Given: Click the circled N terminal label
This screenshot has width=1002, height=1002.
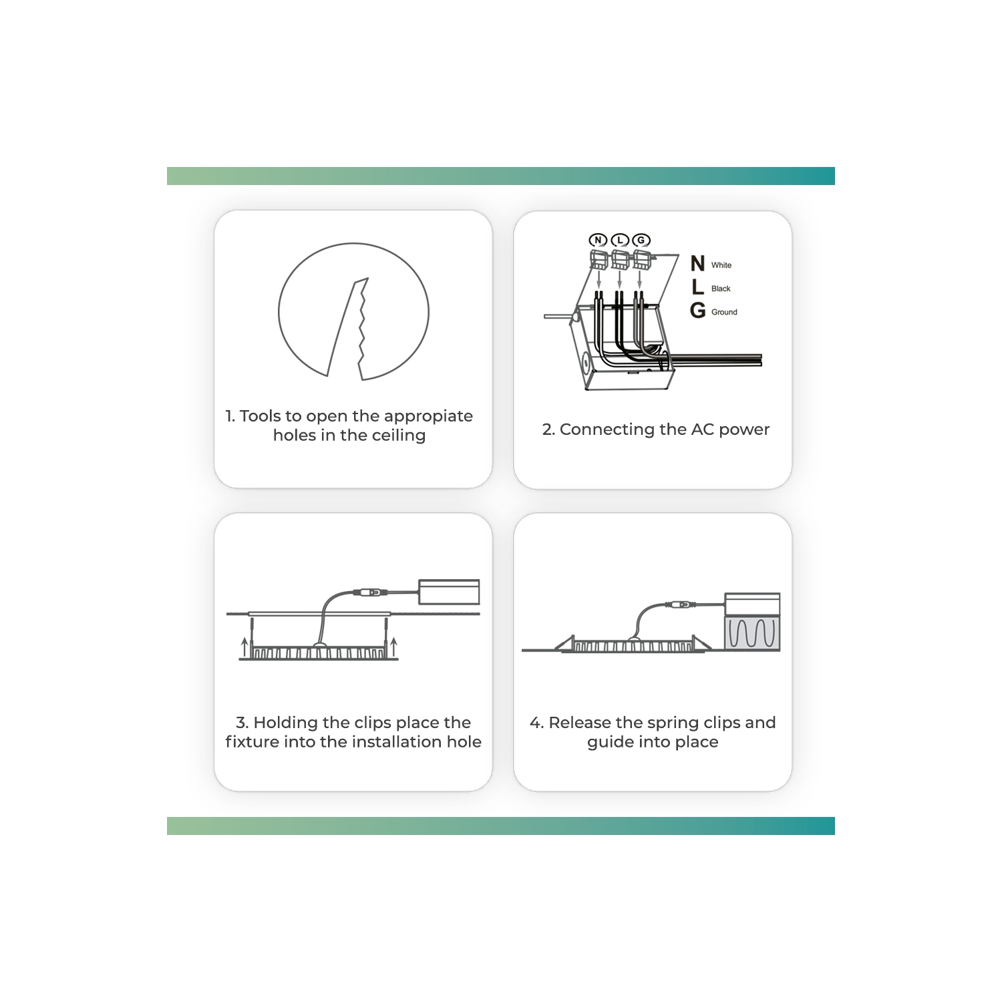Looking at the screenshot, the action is point(598,240).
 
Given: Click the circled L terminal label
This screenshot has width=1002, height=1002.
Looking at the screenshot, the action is point(620,240).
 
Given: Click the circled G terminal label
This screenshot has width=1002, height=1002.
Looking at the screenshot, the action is point(641,240).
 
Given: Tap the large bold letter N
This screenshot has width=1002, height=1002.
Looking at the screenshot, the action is point(698,263).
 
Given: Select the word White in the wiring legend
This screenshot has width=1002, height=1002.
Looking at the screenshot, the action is point(721,265).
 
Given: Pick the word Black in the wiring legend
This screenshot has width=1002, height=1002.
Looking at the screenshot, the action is point(721,289).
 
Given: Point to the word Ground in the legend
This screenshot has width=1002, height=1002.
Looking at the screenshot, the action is point(724,312).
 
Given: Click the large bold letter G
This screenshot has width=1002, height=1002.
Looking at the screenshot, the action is point(698,310).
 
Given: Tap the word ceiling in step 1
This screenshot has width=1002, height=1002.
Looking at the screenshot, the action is point(399,436).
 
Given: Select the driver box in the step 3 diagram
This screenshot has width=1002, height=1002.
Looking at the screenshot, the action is point(449,592).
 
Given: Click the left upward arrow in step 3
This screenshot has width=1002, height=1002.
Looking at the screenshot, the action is point(244,646).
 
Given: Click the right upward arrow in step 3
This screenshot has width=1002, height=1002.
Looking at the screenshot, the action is point(394,646).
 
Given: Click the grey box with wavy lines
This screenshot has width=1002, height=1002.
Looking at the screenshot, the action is point(752,633).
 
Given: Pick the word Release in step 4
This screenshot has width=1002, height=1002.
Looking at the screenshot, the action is point(580,723).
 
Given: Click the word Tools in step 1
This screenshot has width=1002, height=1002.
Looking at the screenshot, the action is point(261,416).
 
